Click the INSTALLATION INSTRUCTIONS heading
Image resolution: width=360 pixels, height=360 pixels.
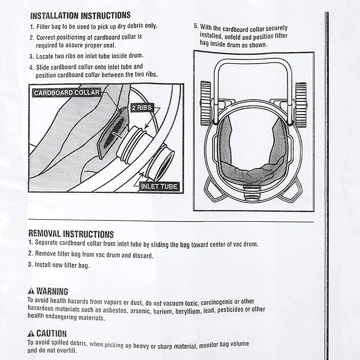[80, 15]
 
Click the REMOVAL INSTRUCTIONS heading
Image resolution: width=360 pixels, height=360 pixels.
[71, 233]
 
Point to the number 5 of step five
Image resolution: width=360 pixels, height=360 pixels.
[196, 26]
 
